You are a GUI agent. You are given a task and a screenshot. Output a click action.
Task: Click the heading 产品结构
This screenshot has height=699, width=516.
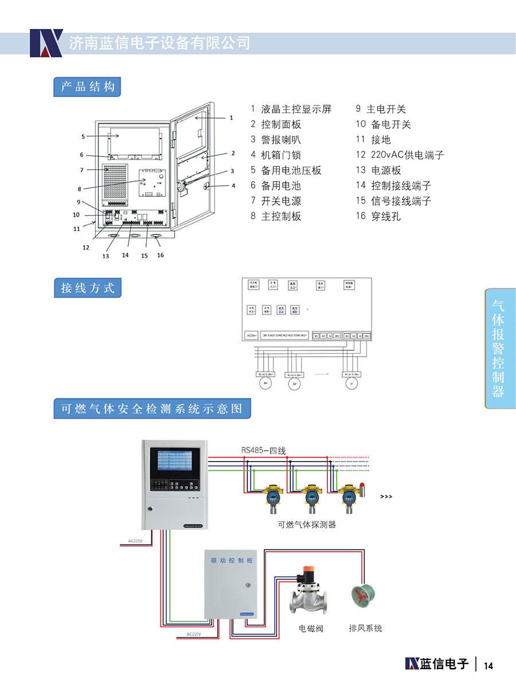(88, 87)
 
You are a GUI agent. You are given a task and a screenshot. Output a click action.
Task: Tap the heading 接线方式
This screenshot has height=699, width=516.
(88, 287)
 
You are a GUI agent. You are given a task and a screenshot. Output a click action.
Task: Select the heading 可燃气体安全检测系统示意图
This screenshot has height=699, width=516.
(152, 409)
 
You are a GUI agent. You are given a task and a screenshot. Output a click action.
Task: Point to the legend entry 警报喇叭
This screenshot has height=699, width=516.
(280, 140)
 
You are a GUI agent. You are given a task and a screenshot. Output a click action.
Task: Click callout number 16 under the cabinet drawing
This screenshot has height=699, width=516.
(160, 255)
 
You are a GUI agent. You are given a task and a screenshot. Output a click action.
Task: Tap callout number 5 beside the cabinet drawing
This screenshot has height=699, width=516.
(83, 136)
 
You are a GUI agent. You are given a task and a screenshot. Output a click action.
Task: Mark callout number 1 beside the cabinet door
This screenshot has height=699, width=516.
(231, 118)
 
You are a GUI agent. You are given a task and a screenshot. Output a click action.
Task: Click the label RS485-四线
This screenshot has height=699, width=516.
(263, 451)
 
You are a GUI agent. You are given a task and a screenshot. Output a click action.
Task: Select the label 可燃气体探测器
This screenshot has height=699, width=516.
(307, 524)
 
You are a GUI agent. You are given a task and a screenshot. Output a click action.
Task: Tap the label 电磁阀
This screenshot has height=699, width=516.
(311, 628)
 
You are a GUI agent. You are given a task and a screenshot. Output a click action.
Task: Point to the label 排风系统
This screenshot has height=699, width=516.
(365, 628)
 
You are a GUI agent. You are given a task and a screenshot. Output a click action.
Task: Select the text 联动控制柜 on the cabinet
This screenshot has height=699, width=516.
(232, 560)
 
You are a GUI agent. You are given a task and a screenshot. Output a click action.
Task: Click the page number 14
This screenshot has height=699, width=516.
(488, 666)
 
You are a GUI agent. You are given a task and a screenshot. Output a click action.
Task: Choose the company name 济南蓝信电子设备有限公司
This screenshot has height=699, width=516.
(159, 43)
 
